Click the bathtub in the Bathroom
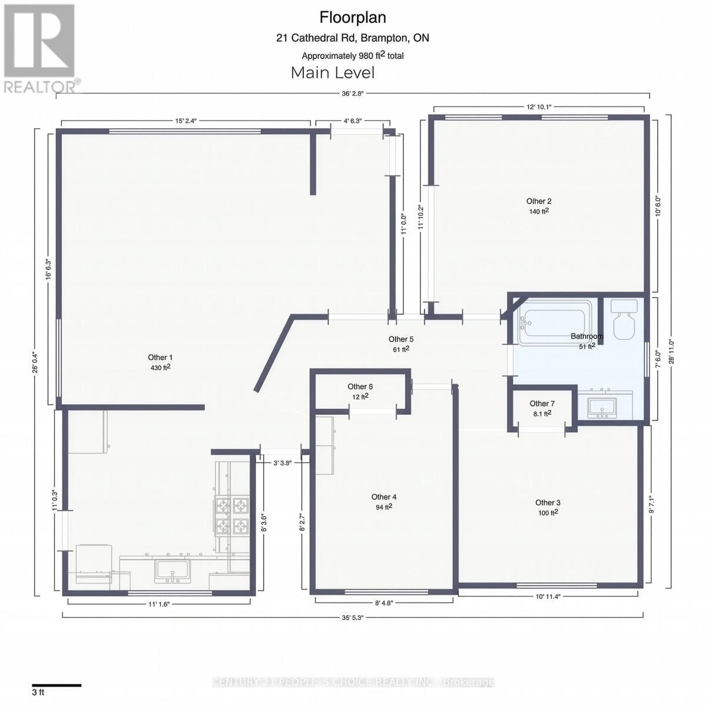point(554,322)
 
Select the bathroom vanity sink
point(602,406)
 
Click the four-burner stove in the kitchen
point(231,515)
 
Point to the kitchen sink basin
point(172,570)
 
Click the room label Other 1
point(160,358)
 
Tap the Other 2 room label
point(539,201)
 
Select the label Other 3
point(548,502)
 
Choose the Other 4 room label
point(384,497)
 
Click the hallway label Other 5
point(401,339)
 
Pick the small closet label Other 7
point(542,404)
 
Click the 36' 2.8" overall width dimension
point(352,93)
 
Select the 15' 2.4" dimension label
point(185,121)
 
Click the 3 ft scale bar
point(57,685)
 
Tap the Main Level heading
point(333,73)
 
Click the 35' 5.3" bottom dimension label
point(352,618)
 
